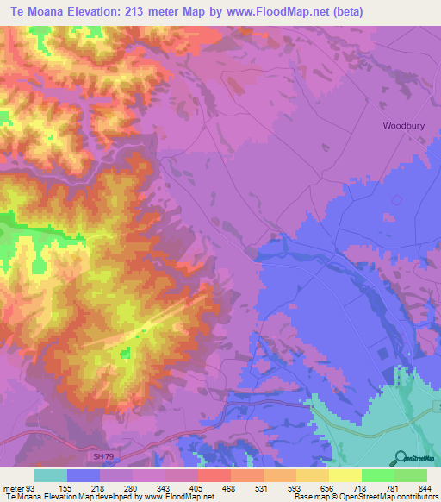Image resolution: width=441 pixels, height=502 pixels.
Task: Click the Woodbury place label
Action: (404, 126)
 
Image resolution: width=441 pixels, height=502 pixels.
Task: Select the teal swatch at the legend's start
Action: (51, 475)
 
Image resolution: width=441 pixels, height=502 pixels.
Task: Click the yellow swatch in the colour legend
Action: (345, 475)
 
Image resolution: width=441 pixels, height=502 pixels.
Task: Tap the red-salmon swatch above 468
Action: (214, 475)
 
